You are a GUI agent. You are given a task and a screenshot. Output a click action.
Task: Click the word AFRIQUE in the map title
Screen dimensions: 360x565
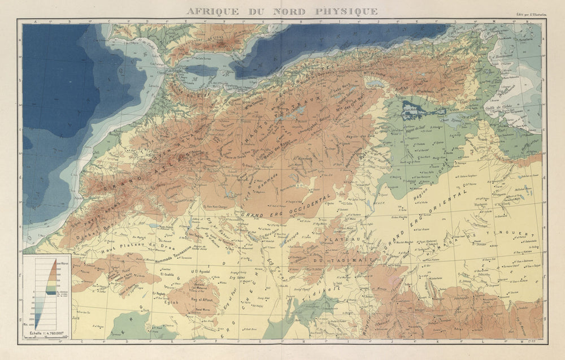click(x=214, y=11)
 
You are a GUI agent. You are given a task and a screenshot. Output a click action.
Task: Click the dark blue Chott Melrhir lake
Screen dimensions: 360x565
click(x=411, y=107)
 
